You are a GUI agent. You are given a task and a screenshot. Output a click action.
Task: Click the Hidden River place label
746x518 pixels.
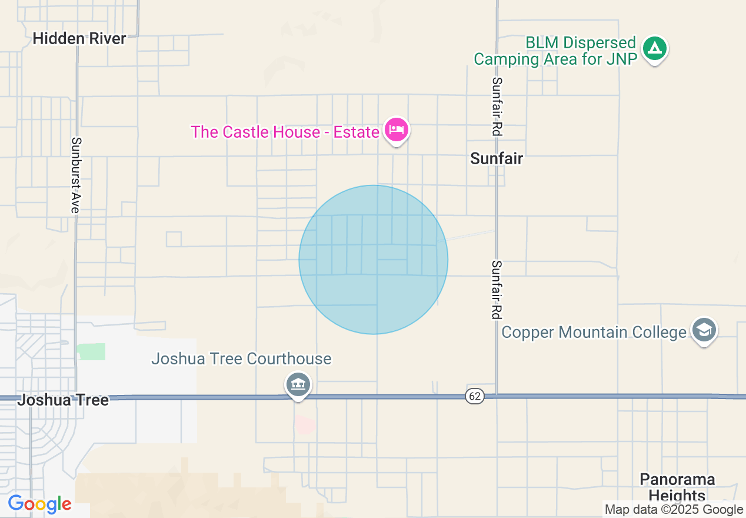pos(79,39)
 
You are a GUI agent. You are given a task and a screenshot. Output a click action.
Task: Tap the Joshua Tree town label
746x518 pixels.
pos(63,400)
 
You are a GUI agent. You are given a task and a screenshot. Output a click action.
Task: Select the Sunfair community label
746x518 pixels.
pos(497,158)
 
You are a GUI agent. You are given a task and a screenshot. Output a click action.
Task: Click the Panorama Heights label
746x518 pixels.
pos(677,487)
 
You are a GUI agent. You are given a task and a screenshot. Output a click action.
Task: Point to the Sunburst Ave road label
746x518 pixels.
pos(76,175)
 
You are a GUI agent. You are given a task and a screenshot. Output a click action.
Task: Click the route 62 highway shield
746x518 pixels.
pos(474,396)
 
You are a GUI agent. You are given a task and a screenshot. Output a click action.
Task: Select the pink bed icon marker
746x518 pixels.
pos(396,129)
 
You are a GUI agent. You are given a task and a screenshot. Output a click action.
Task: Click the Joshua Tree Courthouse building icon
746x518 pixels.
pos(298,386)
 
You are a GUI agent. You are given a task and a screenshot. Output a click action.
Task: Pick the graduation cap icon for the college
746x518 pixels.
pos(704,331)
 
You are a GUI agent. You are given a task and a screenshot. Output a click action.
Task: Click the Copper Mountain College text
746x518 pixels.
pos(594,333)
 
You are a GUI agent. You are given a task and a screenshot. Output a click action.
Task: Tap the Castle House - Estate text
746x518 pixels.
pos(285,132)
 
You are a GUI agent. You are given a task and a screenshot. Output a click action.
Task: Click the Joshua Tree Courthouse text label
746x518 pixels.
pos(241,358)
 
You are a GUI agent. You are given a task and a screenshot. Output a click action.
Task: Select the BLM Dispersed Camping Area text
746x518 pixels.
pos(555,51)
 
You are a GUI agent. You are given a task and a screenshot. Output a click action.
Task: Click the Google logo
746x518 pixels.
pos(39,504)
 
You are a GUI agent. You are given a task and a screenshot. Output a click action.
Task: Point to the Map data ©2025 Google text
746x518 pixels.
pos(674,510)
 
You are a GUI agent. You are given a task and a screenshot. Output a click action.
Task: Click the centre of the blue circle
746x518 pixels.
pos(373,260)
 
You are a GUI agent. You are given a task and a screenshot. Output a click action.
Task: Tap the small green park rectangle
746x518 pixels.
pos(91,351)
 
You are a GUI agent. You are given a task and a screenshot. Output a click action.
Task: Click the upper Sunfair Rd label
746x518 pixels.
pos(497,107)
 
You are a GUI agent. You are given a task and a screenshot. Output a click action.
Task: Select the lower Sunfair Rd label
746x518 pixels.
pos(497,290)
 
